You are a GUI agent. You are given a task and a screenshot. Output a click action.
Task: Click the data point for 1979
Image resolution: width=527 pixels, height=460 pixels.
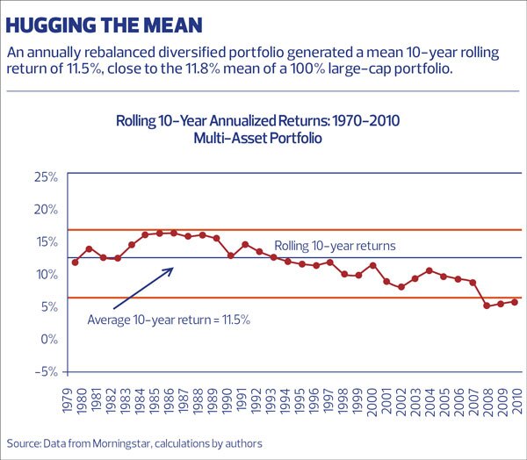pos(76,262)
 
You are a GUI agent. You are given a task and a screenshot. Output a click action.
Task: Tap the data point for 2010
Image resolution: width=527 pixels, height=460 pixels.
pos(515,302)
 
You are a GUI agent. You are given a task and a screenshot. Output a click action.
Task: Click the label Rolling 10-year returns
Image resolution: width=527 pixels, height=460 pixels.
pos(335,246)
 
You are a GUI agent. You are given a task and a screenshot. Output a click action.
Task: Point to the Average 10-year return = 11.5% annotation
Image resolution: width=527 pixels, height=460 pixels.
pos(170,320)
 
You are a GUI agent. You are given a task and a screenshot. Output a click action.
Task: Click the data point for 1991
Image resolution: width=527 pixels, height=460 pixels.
pos(245,245)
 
